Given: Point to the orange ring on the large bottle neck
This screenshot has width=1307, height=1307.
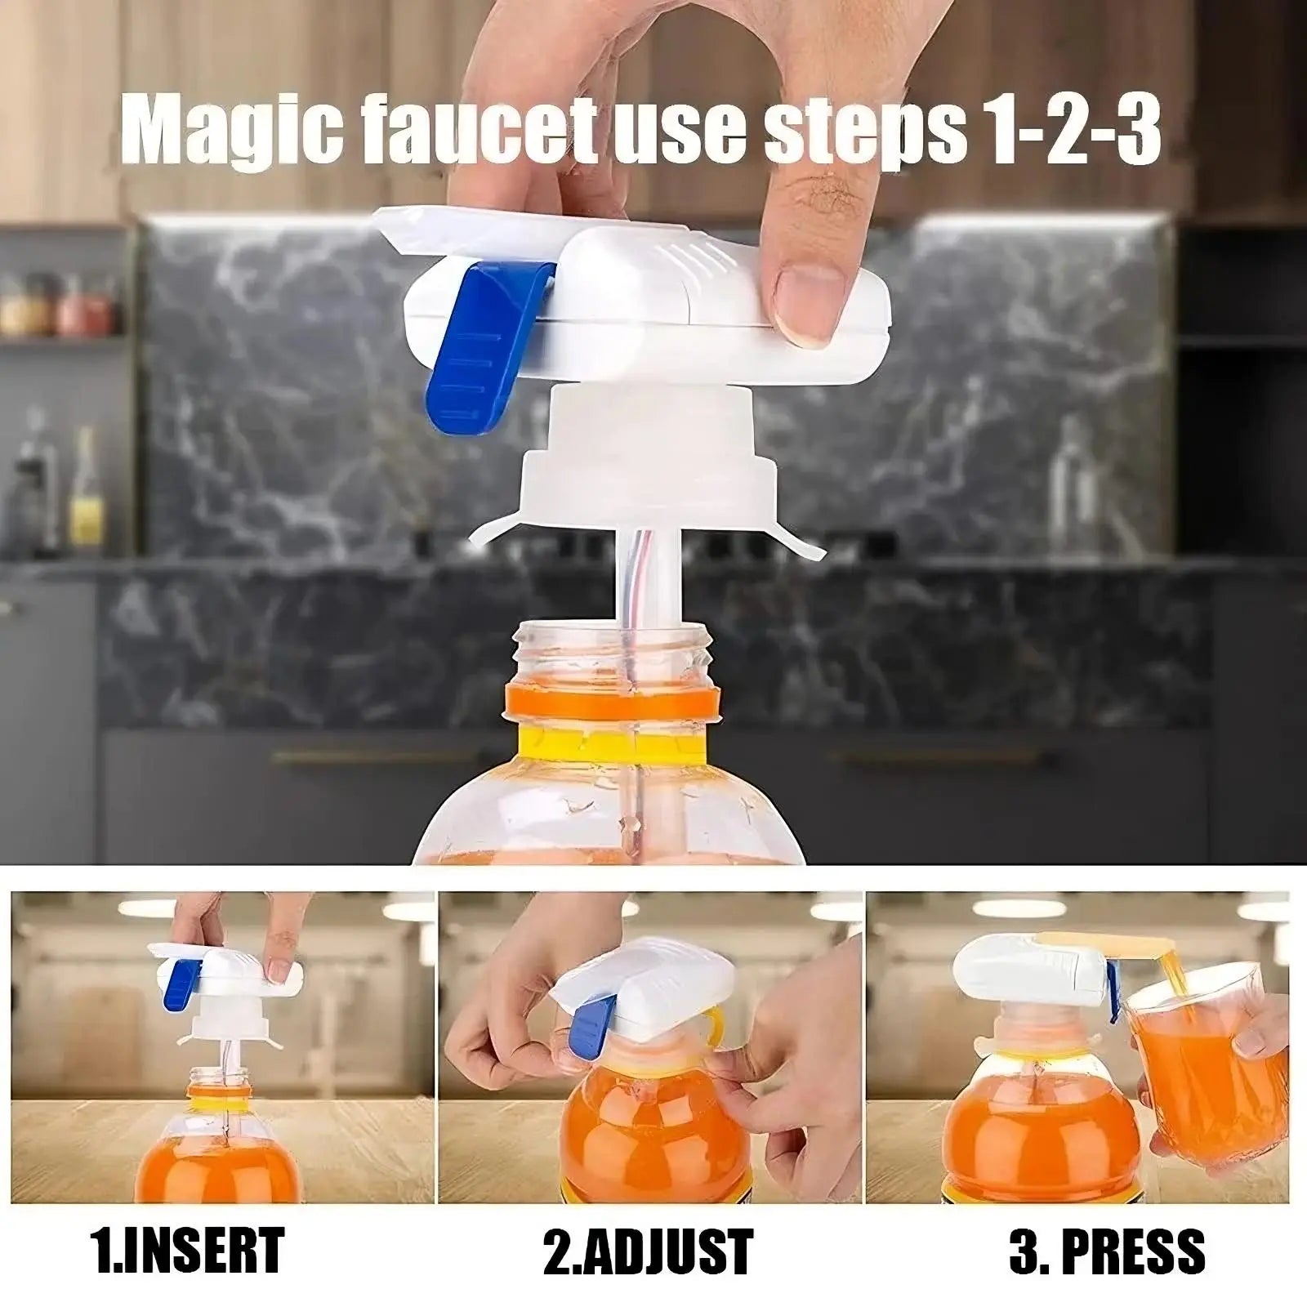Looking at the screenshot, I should pos(613,702).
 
